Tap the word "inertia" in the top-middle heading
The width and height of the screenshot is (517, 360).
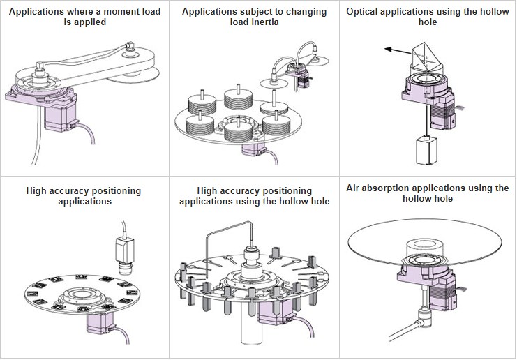coord(267,22)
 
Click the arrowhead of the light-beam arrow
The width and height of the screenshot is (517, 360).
coord(387,50)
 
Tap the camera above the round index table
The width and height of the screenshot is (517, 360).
coord(126,255)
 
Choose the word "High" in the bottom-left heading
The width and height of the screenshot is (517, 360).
coord(39,190)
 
